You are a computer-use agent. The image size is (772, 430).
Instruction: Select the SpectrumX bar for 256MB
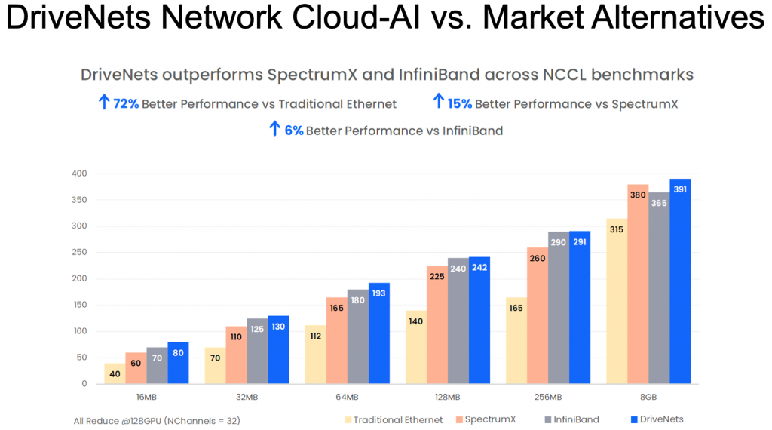pyautogui.click(x=538, y=316)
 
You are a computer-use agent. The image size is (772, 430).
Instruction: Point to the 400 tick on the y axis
pyautogui.click(x=79, y=174)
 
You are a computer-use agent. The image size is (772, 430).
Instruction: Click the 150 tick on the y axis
pyautogui.click(x=79, y=305)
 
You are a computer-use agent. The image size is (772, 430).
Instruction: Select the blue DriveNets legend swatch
pyautogui.click(x=633, y=419)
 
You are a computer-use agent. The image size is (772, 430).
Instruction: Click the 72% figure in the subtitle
pyautogui.click(x=126, y=103)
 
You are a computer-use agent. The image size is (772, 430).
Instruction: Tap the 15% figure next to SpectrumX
pyautogui.click(x=459, y=103)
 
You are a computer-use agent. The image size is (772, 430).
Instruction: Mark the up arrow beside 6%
pyautogui.click(x=274, y=129)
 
